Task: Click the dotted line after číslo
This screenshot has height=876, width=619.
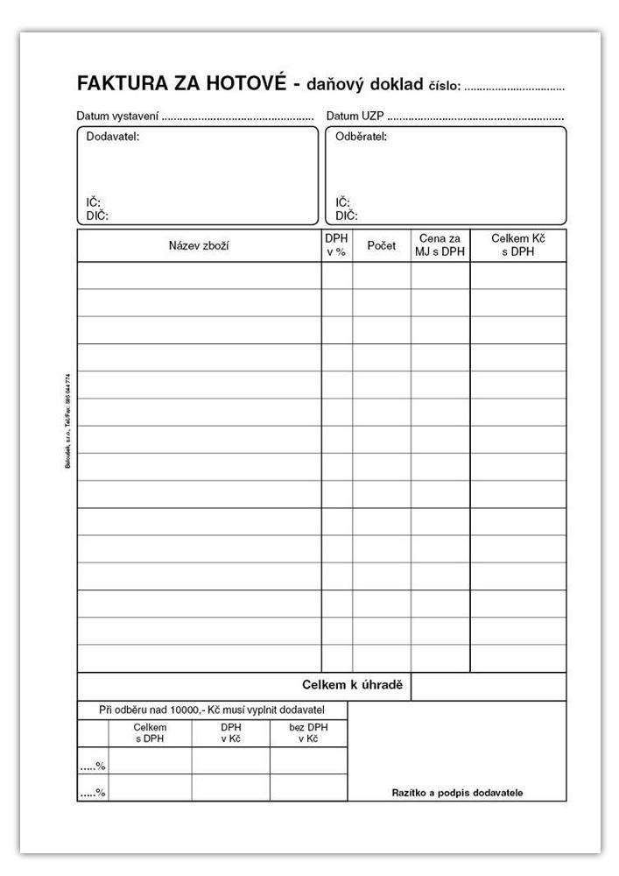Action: (x=514, y=88)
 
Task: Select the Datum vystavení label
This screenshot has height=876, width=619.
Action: (x=116, y=116)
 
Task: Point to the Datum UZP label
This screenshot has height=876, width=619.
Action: (x=355, y=116)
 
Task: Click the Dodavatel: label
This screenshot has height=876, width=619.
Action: (x=113, y=137)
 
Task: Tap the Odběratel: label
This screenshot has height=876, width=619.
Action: (x=361, y=137)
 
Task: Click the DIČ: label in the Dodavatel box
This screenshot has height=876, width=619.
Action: (x=96, y=215)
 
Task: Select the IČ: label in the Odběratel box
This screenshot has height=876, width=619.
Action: (x=343, y=202)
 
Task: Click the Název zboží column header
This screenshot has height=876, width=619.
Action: (x=199, y=245)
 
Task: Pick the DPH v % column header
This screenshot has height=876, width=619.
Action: (x=336, y=245)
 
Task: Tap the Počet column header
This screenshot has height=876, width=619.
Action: (x=382, y=245)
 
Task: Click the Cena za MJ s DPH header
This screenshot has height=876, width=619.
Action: (x=440, y=245)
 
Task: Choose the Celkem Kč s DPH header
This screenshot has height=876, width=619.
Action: (x=518, y=245)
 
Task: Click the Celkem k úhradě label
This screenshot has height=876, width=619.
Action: (x=352, y=685)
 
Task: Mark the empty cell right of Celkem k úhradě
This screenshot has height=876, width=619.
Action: (x=488, y=686)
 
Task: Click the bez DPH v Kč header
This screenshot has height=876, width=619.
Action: (x=307, y=733)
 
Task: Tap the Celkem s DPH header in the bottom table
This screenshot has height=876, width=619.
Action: (x=150, y=733)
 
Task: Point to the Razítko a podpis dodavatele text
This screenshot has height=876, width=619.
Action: (x=457, y=793)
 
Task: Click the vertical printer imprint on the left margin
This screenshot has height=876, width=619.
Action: (x=68, y=421)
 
